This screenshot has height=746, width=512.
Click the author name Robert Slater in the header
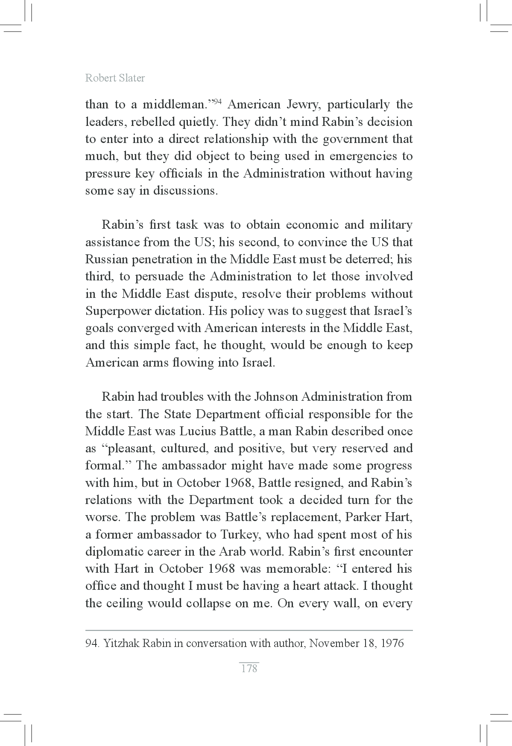click(x=115, y=78)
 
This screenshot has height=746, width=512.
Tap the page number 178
click(x=249, y=668)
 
